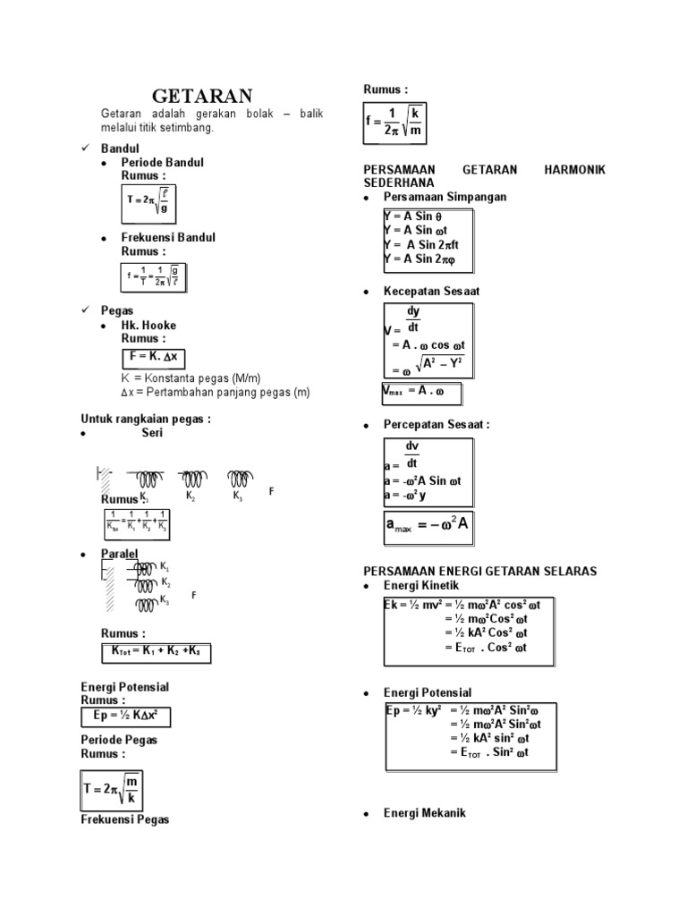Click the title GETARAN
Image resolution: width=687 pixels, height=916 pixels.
(x=202, y=96)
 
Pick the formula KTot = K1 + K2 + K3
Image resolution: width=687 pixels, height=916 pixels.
(x=157, y=653)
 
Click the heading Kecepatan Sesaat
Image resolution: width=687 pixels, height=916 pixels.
(x=431, y=292)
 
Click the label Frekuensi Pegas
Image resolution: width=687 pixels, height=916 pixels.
(x=125, y=819)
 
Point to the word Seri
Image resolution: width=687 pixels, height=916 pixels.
(x=152, y=433)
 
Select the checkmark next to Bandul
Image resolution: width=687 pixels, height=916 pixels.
(x=86, y=146)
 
